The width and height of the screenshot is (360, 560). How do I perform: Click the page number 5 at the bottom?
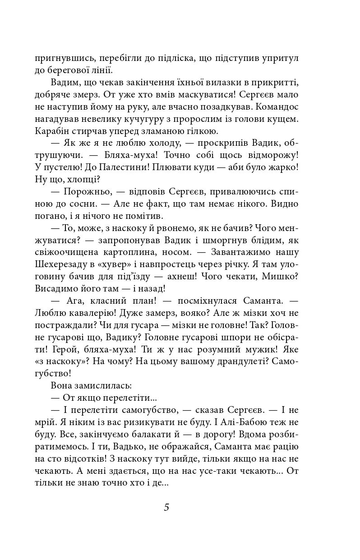tap(166, 507)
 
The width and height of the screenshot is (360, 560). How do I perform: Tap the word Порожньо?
tap(83, 192)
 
